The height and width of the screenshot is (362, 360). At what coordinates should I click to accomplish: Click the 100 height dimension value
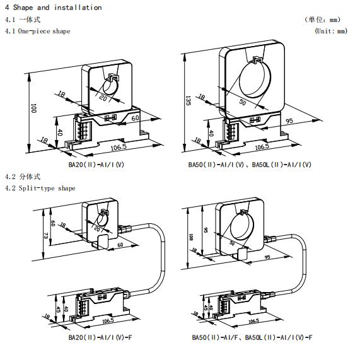pyautogui.click(x=33, y=108)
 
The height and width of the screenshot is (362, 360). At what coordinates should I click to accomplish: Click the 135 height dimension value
pyautogui.click(x=188, y=100)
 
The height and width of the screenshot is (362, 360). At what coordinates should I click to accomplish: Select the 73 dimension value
pyautogui.click(x=46, y=236)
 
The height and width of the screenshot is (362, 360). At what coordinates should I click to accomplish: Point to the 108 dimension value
pyautogui.click(x=191, y=237)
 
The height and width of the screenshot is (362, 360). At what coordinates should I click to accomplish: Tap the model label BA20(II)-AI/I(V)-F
pyautogui.click(x=100, y=337)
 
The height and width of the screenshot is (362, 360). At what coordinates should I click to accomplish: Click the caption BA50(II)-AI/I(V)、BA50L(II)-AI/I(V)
pyautogui.click(x=250, y=165)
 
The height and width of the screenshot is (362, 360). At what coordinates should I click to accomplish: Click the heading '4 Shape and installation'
pyautogui.click(x=54, y=8)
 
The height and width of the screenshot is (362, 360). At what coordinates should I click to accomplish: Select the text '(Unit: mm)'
pyautogui.click(x=331, y=31)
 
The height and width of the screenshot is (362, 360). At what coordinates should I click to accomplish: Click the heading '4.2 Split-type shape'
pyautogui.click(x=40, y=188)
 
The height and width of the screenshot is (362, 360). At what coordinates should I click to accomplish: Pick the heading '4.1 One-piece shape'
pyautogui.click(x=38, y=31)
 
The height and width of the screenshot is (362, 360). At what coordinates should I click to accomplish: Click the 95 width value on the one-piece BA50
pyautogui.click(x=289, y=120)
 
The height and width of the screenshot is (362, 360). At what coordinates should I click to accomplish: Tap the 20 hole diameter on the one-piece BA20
pyautogui.click(x=103, y=98)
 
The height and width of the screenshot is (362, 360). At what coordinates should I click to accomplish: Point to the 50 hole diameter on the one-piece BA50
pyautogui.click(x=243, y=102)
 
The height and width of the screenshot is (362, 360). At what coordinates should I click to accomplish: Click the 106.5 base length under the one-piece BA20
pyautogui.click(x=119, y=147)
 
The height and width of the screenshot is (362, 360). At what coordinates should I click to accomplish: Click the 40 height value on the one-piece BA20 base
pyautogui.click(x=60, y=132)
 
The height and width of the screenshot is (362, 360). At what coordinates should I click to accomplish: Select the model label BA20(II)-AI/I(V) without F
pyautogui.click(x=96, y=165)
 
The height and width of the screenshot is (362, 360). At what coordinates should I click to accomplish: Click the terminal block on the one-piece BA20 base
pyautogui.click(x=82, y=131)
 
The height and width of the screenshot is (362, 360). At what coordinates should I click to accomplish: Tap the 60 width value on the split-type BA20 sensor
pyautogui.click(x=120, y=245)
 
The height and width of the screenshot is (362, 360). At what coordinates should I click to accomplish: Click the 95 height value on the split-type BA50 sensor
pyautogui.click(x=206, y=230)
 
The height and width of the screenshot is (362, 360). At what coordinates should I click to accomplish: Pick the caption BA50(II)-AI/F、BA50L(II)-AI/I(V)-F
pyautogui.click(x=252, y=337)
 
